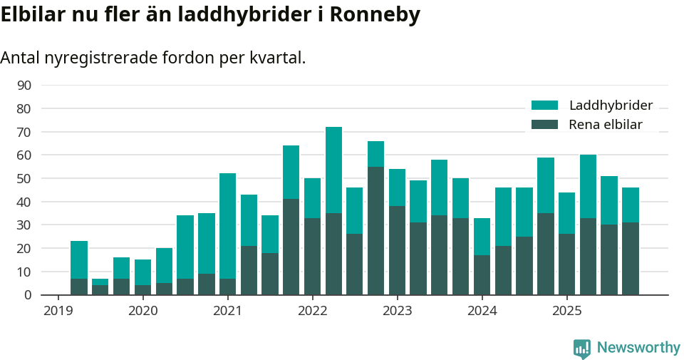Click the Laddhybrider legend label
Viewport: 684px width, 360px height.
(x=611, y=106)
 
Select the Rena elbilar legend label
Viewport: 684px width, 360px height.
(x=605, y=125)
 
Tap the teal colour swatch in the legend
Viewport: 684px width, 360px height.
(x=545, y=106)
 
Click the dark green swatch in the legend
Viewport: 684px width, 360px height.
(x=545, y=125)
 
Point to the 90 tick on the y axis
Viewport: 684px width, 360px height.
(x=24, y=86)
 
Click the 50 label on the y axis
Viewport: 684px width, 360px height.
(x=24, y=179)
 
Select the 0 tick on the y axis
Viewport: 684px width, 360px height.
(x=28, y=295)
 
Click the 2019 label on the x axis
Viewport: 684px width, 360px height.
(x=58, y=311)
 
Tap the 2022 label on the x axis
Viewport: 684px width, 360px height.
(x=312, y=311)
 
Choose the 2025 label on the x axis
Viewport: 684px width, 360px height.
(x=566, y=311)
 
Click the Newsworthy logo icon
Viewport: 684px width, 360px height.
(x=581, y=349)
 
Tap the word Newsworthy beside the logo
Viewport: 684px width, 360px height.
(x=638, y=348)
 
